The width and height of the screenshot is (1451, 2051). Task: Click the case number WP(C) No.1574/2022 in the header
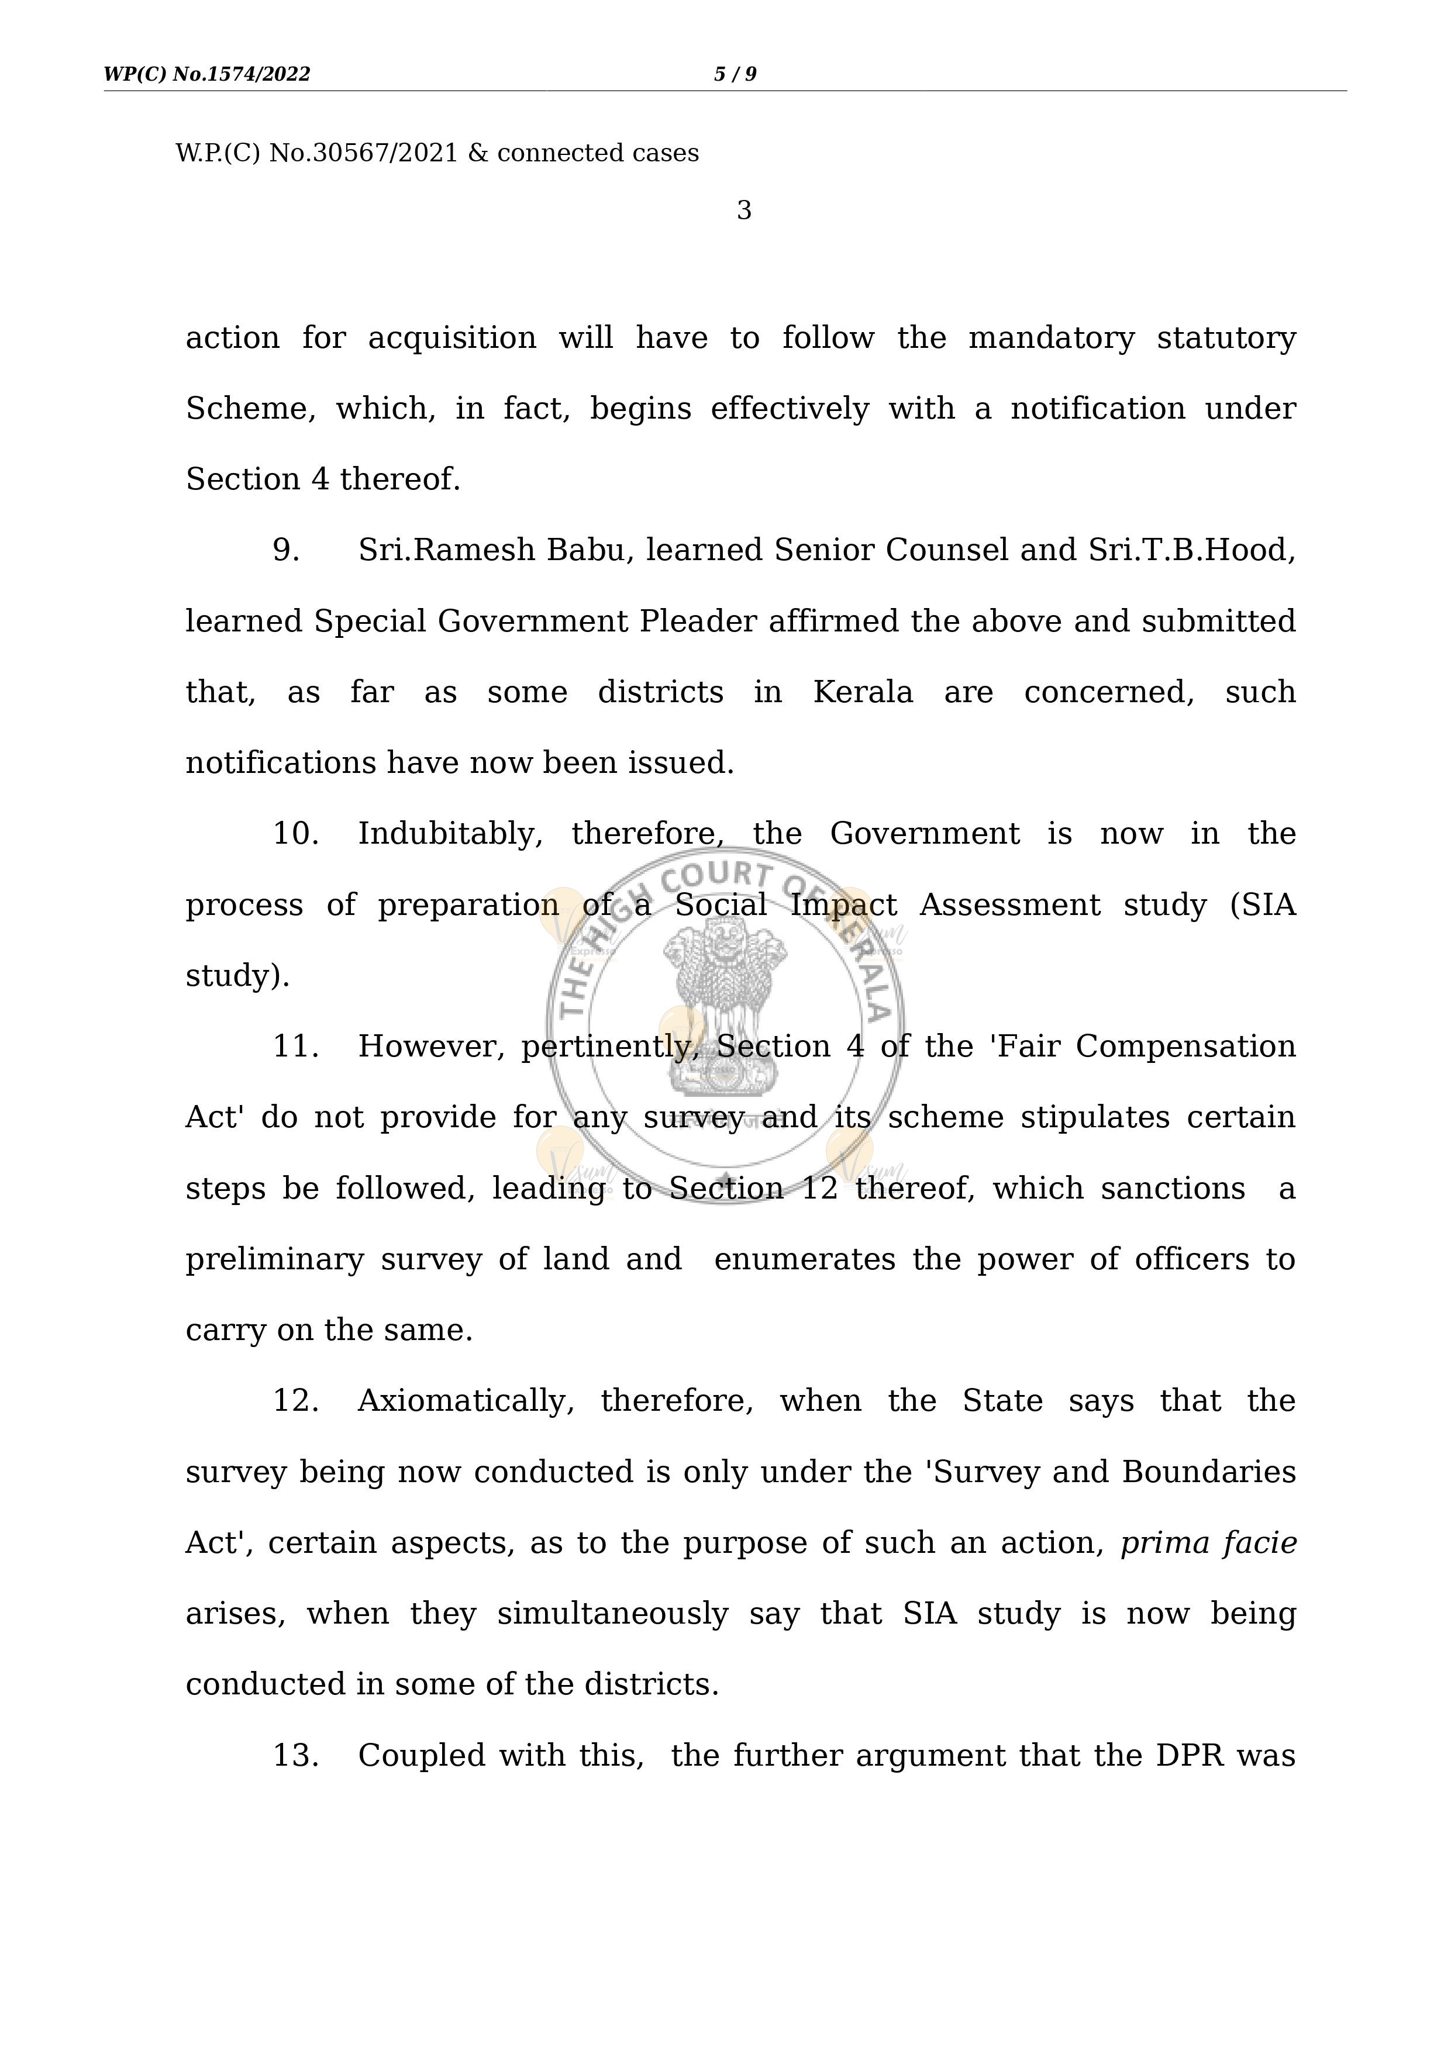(207, 74)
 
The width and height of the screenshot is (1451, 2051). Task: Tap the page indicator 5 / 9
(735, 74)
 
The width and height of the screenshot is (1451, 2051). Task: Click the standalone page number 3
(743, 211)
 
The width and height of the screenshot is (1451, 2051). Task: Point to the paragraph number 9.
(286, 550)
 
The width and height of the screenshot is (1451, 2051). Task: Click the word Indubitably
(449, 834)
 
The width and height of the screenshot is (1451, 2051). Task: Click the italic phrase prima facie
(1208, 1543)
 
